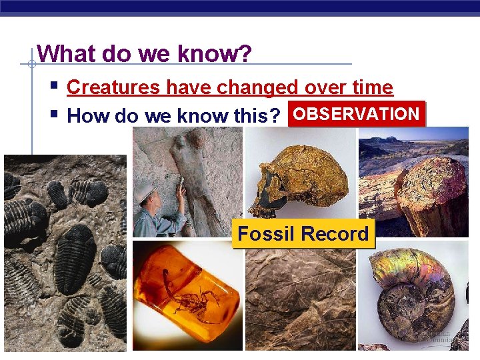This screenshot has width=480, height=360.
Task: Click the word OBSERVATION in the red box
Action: (356, 114)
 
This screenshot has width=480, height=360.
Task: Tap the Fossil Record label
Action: (303, 234)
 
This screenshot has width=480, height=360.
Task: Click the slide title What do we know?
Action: (144, 53)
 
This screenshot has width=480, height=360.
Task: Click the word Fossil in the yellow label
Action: (267, 234)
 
